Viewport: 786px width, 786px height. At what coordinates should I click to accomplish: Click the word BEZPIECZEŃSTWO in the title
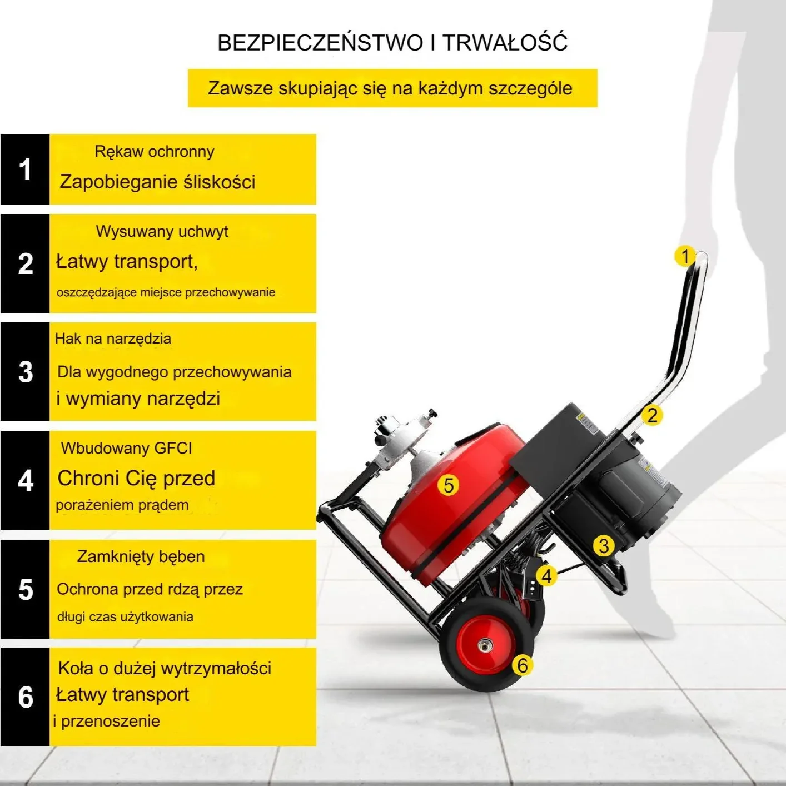320,42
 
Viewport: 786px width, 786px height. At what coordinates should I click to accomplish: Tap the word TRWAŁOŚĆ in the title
505,42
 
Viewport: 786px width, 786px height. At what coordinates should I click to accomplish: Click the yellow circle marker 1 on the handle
685,256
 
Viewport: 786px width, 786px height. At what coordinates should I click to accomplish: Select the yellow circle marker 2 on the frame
652,415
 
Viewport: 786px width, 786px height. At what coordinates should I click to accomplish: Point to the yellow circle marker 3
604,546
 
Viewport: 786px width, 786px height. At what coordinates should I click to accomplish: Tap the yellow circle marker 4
546,576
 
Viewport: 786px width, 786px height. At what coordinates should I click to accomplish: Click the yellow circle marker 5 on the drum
448,485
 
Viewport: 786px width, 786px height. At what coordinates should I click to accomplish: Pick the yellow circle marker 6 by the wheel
523,665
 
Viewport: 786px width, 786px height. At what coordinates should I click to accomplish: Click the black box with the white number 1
25,170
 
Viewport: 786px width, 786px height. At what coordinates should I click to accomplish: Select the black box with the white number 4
25,480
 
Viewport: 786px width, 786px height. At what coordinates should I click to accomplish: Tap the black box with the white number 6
25,697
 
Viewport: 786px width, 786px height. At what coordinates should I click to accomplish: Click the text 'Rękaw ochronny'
155,152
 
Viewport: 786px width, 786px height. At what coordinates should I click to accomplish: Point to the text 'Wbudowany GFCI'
126,448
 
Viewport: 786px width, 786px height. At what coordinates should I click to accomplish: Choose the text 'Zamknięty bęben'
141,556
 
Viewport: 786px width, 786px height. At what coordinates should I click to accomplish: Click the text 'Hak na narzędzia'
113,339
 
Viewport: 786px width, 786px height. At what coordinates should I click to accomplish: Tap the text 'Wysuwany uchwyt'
162,232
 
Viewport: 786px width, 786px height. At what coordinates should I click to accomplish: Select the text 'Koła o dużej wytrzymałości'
165,669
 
